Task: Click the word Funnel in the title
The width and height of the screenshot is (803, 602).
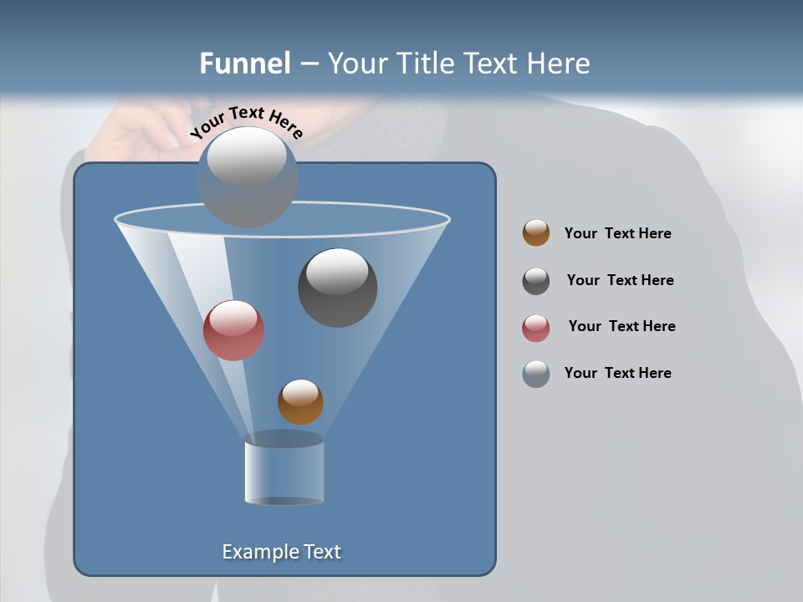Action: click(x=245, y=64)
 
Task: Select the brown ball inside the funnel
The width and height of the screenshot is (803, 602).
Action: click(x=300, y=402)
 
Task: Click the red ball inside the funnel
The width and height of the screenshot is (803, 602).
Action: click(x=233, y=330)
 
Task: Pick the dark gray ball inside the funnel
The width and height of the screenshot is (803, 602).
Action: click(x=337, y=288)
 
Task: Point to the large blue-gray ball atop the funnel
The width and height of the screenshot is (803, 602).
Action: click(x=248, y=177)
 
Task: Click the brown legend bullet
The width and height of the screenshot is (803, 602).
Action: click(x=536, y=233)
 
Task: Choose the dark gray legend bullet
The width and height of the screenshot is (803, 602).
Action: click(x=536, y=281)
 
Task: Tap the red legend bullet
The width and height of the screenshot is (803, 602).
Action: click(x=536, y=328)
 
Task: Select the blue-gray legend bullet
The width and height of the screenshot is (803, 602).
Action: click(x=536, y=374)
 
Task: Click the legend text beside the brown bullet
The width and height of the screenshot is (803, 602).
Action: click(x=617, y=233)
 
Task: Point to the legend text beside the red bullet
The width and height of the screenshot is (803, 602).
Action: click(x=621, y=326)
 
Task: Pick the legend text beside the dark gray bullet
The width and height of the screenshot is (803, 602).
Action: click(x=620, y=280)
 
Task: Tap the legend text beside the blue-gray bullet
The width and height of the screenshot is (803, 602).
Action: click(x=617, y=373)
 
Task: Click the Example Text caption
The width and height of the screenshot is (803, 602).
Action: click(x=281, y=552)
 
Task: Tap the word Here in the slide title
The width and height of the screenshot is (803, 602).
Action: click(x=558, y=64)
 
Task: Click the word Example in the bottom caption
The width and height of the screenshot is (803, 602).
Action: click(x=256, y=552)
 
